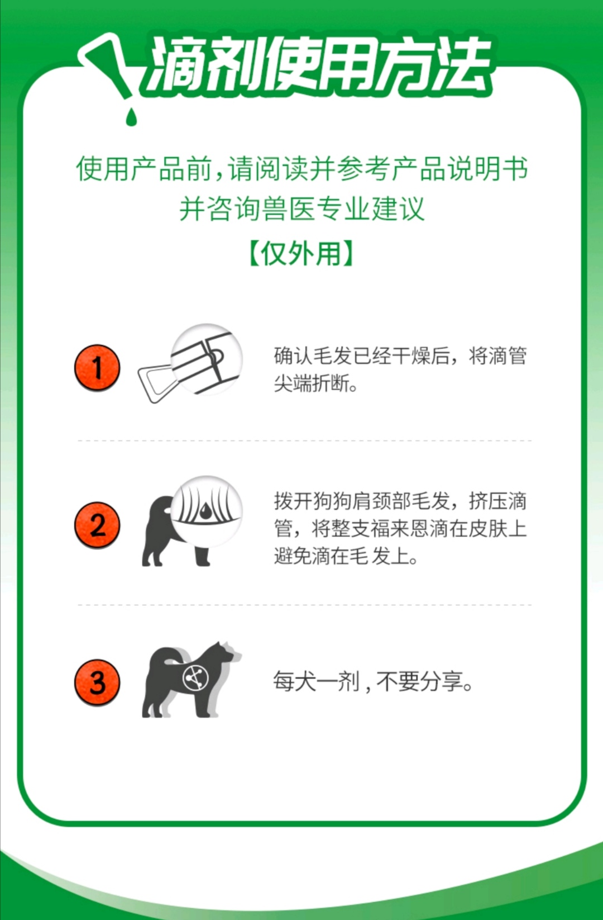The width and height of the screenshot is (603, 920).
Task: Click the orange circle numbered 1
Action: (x=97, y=368)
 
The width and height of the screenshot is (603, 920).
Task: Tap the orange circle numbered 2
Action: (x=97, y=525)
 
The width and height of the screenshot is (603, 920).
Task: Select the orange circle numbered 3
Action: (x=97, y=682)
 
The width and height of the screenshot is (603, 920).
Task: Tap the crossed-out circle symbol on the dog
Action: (x=195, y=679)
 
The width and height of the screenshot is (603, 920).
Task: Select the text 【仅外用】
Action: (x=301, y=254)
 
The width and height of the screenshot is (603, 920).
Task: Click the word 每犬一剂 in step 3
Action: (x=316, y=681)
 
